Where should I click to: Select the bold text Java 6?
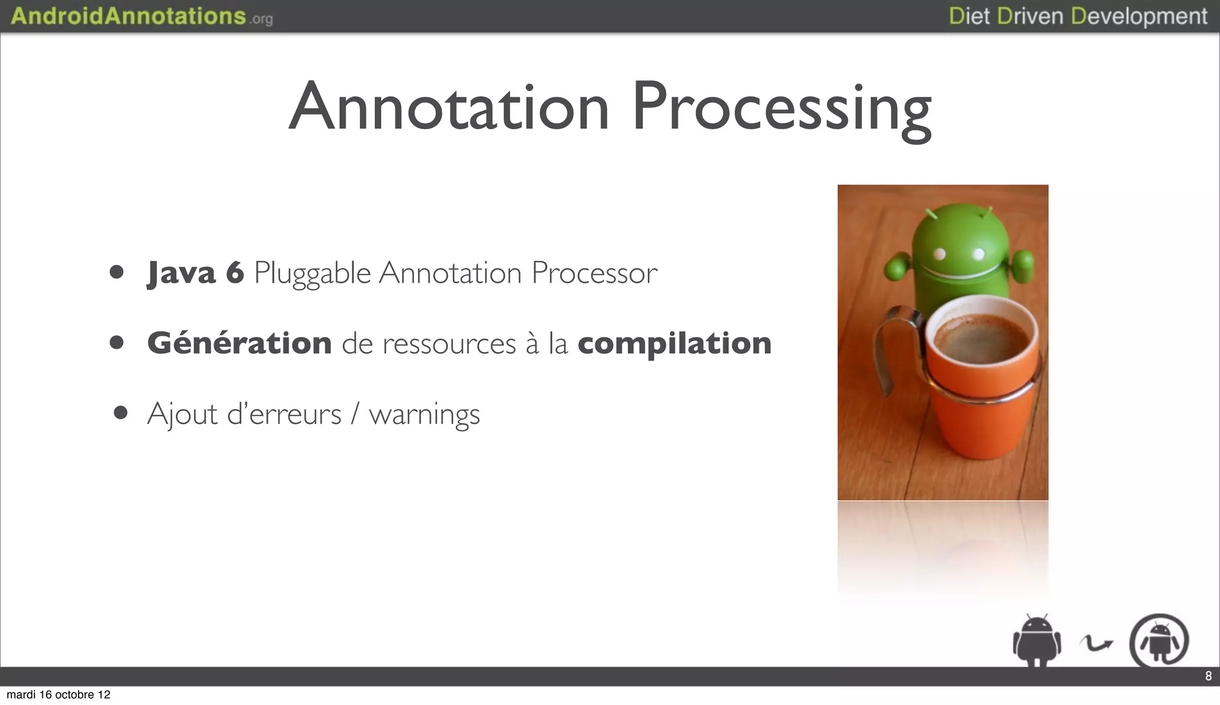pyautogui.click(x=195, y=273)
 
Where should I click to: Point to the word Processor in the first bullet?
pyautogui.click(x=594, y=273)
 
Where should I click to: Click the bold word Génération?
pyautogui.click(x=239, y=343)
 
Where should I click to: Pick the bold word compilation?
pyautogui.click(x=674, y=344)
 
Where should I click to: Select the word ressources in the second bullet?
pyautogui.click(x=449, y=344)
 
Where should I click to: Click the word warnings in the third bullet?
pyautogui.click(x=424, y=414)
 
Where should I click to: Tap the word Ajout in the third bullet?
pyautogui.click(x=182, y=414)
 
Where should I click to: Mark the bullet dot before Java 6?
pyautogui.click(x=117, y=273)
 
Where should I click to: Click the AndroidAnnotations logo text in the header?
pyautogui.click(x=128, y=16)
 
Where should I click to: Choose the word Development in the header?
pyautogui.click(x=1139, y=17)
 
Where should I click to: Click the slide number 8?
pyautogui.click(x=1208, y=676)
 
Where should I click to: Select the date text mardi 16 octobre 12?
pyautogui.click(x=58, y=695)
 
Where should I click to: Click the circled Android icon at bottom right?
pyautogui.click(x=1159, y=641)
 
